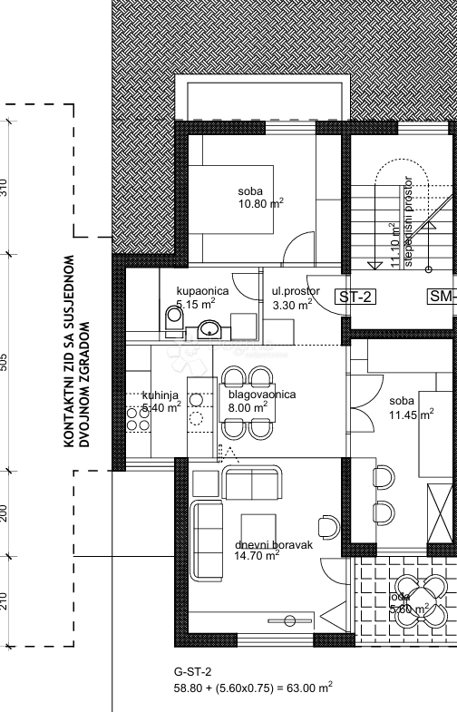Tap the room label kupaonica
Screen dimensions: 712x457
tap(202, 291)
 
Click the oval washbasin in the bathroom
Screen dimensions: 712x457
tap(209, 328)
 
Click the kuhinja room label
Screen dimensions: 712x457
tap(160, 395)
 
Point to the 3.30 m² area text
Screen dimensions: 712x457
tap(292, 305)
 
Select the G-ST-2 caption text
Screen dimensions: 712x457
tap(192, 671)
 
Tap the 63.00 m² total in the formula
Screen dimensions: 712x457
tap(308, 688)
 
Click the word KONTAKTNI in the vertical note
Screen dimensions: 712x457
tap(68, 412)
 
